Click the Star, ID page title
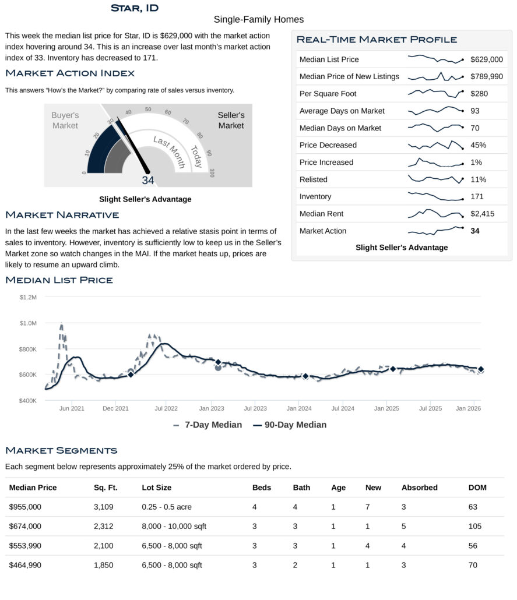click(134, 8)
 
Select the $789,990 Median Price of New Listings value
click(487, 76)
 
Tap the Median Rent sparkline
click(435, 214)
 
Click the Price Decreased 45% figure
click(478, 145)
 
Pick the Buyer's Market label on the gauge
click(65, 120)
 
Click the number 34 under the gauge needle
click(148, 181)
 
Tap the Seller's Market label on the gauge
click(231, 120)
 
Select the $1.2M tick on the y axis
click(28, 297)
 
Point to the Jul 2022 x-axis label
click(166, 408)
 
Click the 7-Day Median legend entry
click(207, 425)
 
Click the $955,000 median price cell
click(25, 507)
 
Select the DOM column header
click(477, 488)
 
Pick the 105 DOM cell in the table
click(475, 526)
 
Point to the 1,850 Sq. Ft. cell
click(103, 564)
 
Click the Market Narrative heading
click(62, 215)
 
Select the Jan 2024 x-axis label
click(298, 408)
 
